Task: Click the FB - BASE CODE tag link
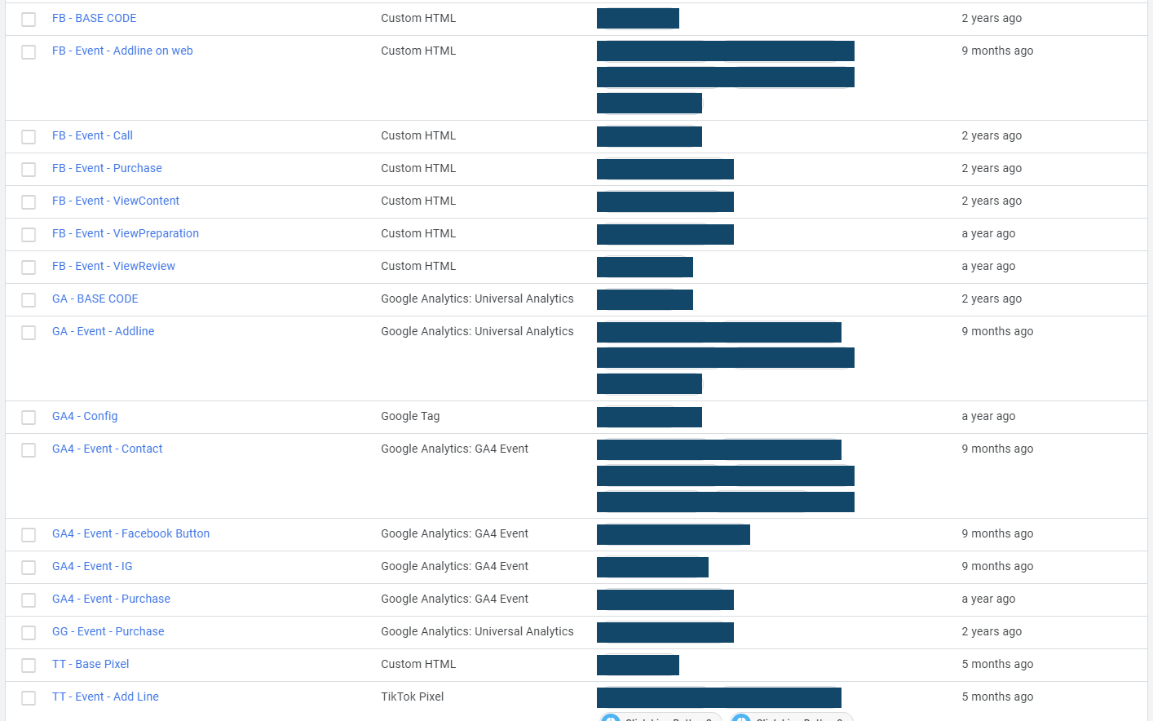(x=94, y=18)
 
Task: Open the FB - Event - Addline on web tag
(x=122, y=51)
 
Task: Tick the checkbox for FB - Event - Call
(x=29, y=136)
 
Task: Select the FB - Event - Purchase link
(x=107, y=168)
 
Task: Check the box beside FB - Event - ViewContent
(x=29, y=201)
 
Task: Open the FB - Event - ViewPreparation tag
(x=126, y=233)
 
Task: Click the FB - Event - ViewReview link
(x=113, y=266)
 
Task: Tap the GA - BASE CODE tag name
(x=95, y=299)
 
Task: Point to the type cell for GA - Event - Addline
(x=477, y=331)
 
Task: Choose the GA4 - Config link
(x=85, y=416)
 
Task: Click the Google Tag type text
(x=410, y=416)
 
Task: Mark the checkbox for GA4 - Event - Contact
(x=29, y=449)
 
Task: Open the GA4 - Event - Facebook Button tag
(x=130, y=533)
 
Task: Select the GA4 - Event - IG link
(x=92, y=566)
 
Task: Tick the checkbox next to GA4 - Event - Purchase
(x=29, y=599)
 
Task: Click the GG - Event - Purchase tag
(x=108, y=631)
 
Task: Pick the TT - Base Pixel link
(x=91, y=664)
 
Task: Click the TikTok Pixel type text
(x=413, y=697)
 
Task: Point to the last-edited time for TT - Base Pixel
(x=997, y=664)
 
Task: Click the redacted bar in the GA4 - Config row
(x=649, y=417)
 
